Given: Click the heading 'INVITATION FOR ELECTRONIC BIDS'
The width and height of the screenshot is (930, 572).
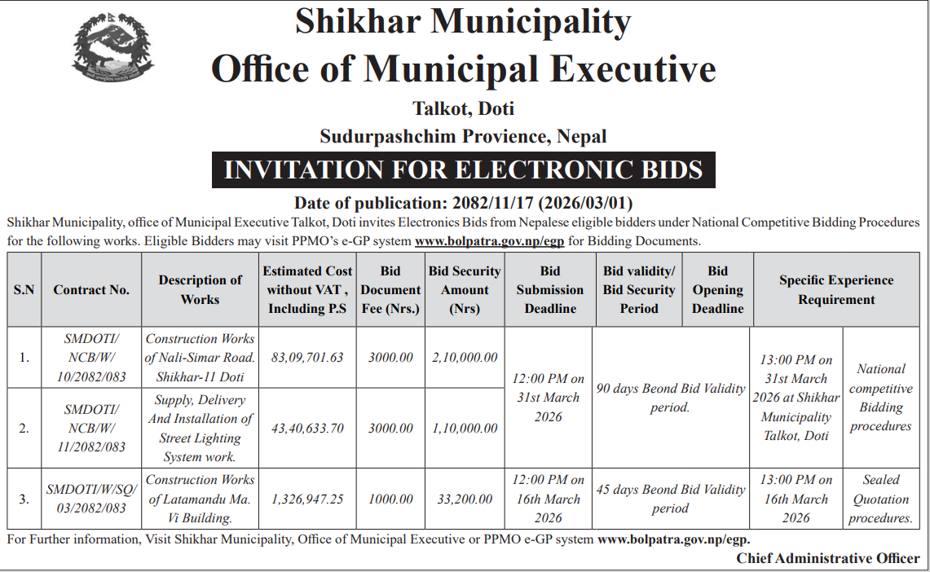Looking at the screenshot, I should [463, 169].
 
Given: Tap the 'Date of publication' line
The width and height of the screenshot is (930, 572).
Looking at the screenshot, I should [463, 203].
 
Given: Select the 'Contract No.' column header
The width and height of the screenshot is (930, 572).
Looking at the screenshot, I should [91, 290].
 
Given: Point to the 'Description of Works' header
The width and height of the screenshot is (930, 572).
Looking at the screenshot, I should [200, 290].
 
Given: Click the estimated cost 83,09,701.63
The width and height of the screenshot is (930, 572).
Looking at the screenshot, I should [307, 358].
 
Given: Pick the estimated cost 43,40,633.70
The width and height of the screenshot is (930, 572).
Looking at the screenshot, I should [307, 429].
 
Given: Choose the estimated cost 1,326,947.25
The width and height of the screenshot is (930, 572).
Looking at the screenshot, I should [307, 499].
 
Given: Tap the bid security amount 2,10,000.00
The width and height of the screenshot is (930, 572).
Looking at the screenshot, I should [465, 358].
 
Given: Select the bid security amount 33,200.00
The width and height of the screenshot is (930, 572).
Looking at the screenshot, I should [465, 499].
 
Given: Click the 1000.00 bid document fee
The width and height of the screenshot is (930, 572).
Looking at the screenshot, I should [390, 499].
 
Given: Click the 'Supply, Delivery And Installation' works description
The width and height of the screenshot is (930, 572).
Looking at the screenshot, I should [200, 429].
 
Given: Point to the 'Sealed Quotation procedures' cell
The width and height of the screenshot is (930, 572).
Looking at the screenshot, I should [880, 499].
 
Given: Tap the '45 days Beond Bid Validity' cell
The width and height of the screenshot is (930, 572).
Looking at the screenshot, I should [670, 499].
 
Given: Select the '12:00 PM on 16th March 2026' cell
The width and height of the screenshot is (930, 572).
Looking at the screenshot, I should [550, 499].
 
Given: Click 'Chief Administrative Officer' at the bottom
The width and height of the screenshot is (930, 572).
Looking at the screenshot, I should [828, 558].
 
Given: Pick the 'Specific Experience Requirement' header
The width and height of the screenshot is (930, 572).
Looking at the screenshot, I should [836, 290].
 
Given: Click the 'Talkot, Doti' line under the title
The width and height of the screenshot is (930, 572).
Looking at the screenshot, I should [463, 108].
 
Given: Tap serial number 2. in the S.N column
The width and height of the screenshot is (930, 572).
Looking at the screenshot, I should [24, 429].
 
